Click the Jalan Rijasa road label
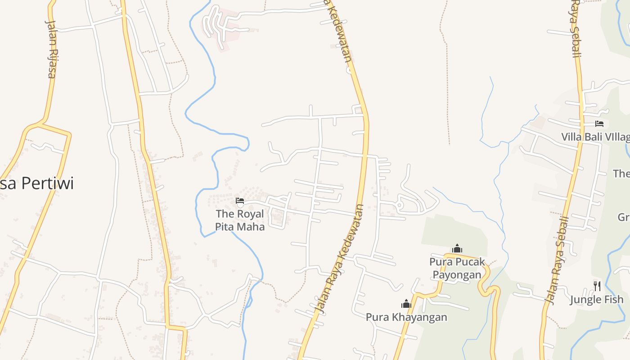51,49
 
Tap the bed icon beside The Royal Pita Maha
240,201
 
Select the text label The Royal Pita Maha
239,220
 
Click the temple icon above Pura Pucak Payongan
457,248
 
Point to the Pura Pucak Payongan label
457,268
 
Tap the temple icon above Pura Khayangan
406,304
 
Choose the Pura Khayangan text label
406,317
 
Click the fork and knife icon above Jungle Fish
597,286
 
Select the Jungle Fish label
597,300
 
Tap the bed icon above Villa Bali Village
599,124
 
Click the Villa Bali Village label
595,137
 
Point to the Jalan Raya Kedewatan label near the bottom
340,259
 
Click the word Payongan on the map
457,274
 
